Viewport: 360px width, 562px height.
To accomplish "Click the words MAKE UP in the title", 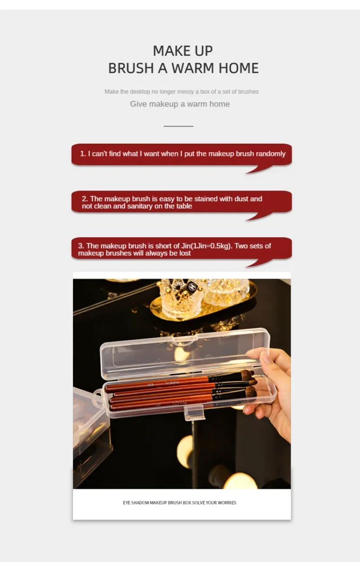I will coord(183,50).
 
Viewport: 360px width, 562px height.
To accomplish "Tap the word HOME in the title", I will coord(238,68).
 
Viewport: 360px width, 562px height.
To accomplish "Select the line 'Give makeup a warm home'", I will coord(180,104).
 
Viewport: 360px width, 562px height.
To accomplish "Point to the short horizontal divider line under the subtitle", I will coord(178,126).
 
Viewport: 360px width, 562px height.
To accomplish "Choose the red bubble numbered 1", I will coord(181,154).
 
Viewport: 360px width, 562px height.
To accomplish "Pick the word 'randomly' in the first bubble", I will coord(270,154).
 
